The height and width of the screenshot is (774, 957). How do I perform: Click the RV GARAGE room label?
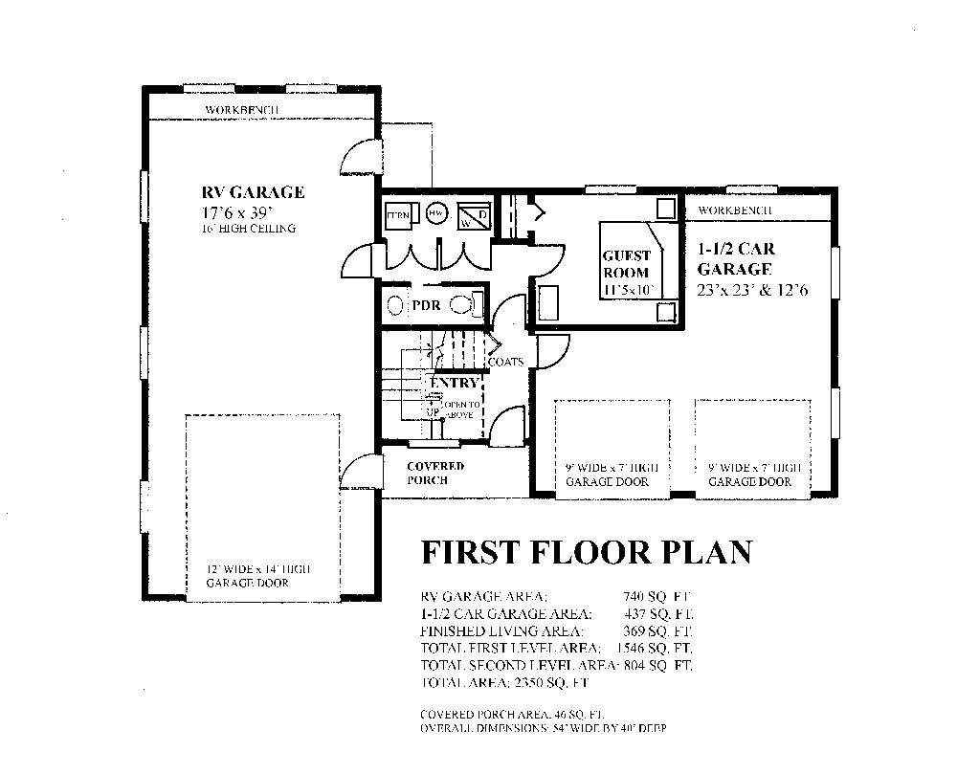click(253, 192)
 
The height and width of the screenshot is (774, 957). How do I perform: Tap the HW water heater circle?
click(436, 214)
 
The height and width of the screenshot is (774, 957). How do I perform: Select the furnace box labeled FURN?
click(398, 215)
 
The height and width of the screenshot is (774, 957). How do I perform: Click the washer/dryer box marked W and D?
click(474, 215)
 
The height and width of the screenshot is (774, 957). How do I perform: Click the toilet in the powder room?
click(464, 306)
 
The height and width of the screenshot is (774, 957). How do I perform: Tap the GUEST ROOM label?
click(626, 264)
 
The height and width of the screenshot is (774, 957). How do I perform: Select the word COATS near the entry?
click(505, 362)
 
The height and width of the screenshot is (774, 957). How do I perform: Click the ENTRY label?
click(454, 383)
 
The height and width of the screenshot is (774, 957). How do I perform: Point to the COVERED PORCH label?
click(434, 473)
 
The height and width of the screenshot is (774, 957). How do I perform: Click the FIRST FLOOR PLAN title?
click(587, 553)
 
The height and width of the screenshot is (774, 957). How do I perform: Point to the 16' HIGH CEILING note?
click(249, 229)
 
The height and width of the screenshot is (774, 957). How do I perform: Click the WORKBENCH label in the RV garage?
click(241, 110)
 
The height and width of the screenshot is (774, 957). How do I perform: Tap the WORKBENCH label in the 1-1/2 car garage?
click(735, 210)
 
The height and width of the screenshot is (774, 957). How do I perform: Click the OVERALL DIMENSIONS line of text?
click(543, 729)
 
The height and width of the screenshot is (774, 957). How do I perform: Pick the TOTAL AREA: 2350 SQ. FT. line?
click(504, 683)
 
